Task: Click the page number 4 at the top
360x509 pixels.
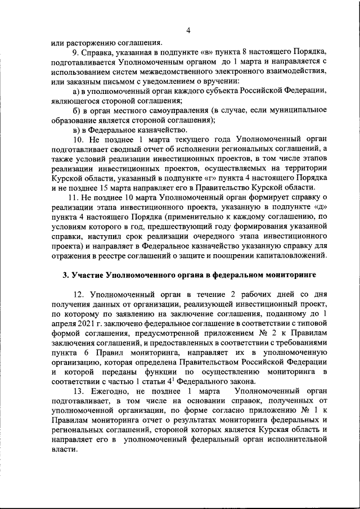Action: (x=188, y=30)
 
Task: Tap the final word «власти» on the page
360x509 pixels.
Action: (x=63, y=450)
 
